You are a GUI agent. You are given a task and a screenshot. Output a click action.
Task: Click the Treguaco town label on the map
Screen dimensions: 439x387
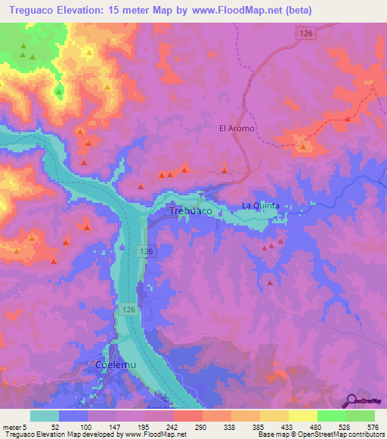click(x=190, y=211)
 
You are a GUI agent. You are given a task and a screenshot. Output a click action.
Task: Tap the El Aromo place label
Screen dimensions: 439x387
click(x=237, y=128)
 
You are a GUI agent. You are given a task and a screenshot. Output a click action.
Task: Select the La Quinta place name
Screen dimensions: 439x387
click(x=260, y=206)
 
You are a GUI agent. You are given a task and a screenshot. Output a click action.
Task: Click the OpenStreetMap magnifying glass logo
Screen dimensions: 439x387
click(x=351, y=402)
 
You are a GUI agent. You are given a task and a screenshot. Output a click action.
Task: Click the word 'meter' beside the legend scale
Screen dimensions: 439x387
click(x=11, y=426)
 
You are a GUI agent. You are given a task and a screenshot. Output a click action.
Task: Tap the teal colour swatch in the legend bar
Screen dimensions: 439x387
click(x=45, y=416)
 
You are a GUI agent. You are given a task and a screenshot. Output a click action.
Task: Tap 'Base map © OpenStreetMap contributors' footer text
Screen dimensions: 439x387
click(x=319, y=434)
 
